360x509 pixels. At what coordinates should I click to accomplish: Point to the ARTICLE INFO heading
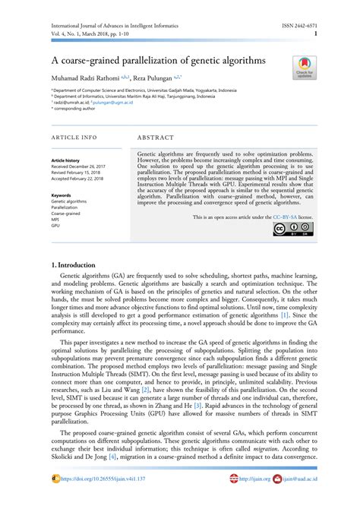click(74, 138)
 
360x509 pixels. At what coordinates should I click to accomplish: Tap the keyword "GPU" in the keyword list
click(55, 226)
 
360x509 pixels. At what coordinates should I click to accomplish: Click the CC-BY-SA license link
click(282, 217)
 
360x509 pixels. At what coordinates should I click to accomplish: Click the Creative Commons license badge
click(292, 230)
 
